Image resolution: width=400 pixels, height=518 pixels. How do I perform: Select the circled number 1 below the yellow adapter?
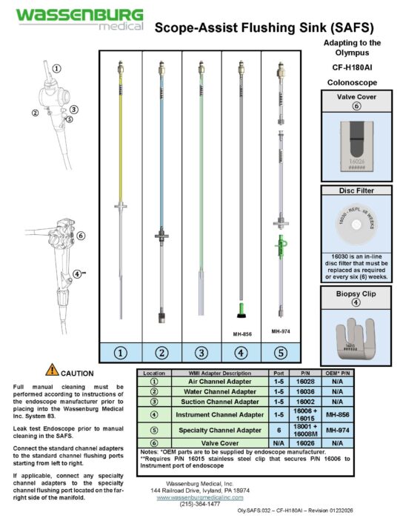coord(120,353)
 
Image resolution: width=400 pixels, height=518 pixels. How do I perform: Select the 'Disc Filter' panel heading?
coord(356,190)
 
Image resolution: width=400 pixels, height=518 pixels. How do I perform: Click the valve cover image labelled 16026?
coord(356,145)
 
